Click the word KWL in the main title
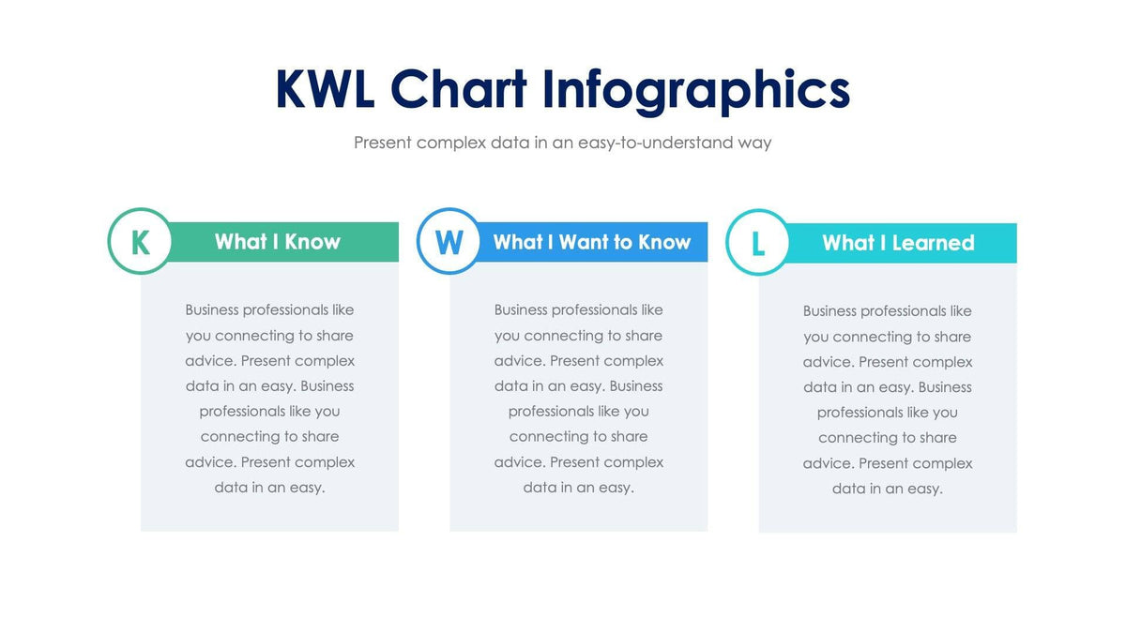[x=325, y=90]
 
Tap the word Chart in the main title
[x=459, y=90]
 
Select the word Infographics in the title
[x=696, y=92]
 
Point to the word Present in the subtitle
[x=383, y=143]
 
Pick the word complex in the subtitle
[x=451, y=143]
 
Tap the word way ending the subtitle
[x=753, y=143]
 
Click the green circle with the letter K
[x=140, y=241]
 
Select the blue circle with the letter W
[x=449, y=242]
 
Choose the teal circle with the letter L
[x=757, y=243]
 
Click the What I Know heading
[x=277, y=242]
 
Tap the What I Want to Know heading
[x=591, y=242]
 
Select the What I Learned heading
[x=898, y=243]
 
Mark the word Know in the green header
[x=312, y=242]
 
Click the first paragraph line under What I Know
[x=269, y=309]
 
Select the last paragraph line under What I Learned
[x=887, y=489]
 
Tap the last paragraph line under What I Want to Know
[x=578, y=488]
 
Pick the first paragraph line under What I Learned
[x=887, y=310]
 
